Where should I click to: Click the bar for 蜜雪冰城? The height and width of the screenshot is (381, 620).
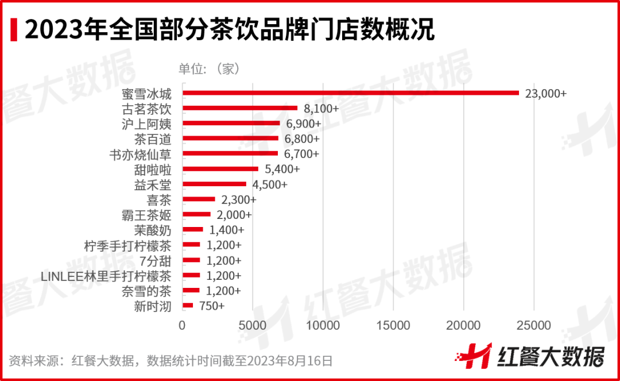tap(350, 93)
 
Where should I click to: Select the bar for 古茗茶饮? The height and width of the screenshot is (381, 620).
tap(239, 108)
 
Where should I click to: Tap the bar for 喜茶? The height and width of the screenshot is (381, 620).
tap(199, 199)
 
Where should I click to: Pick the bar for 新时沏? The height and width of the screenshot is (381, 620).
tap(188, 306)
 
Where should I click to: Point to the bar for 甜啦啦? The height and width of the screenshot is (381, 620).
tap(220, 169)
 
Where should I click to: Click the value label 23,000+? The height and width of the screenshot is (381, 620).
tap(545, 93)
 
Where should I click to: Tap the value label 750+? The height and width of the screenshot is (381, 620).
tap(212, 306)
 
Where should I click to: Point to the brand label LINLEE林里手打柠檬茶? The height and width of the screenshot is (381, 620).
tap(106, 276)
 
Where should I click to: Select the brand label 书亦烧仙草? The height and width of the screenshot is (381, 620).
tap(140, 154)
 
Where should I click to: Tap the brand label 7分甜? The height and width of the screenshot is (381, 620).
tap(155, 260)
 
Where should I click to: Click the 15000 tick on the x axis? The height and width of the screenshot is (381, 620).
tap(393, 326)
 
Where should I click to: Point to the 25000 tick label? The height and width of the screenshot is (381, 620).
tap(534, 326)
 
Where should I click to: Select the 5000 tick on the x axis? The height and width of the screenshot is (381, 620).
tap(253, 326)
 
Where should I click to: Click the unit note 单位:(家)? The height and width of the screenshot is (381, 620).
tap(209, 69)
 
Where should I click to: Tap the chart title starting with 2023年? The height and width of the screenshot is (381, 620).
tap(230, 29)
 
